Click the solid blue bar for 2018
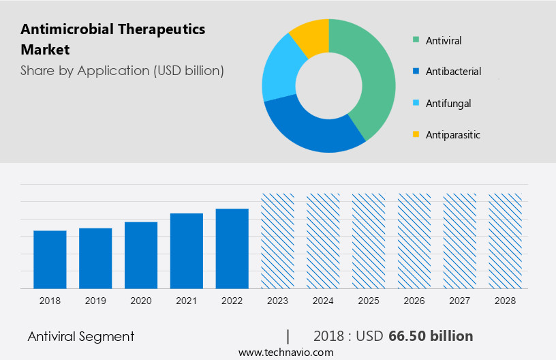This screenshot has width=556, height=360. click(x=50, y=260)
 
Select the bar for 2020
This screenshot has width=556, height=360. click(x=141, y=255)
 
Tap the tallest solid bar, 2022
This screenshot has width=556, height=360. click(x=232, y=249)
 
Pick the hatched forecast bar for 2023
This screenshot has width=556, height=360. click(x=277, y=241)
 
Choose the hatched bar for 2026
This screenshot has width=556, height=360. click(x=414, y=241)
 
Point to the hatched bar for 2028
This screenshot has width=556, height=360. click(x=505, y=241)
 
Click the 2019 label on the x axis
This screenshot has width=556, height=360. click(x=95, y=301)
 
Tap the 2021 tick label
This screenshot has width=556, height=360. click(x=187, y=301)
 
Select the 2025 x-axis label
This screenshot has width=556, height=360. click(x=369, y=301)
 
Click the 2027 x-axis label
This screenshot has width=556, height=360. click(x=460, y=301)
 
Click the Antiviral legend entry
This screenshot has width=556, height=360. click(x=443, y=41)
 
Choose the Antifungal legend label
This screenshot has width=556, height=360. click(x=448, y=104)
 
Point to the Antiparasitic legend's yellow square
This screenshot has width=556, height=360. click(x=415, y=135)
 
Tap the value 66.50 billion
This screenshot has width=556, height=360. click(x=431, y=336)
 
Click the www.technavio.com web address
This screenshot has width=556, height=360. click(x=285, y=352)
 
